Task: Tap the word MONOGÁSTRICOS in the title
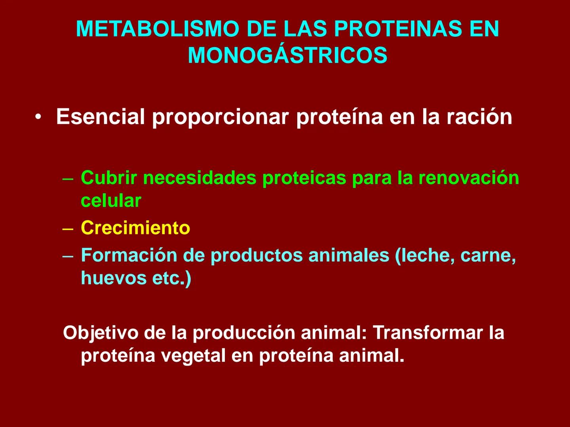coord(287,55)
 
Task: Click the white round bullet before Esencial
coord(38,117)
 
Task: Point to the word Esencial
coord(101,117)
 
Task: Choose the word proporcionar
coord(220,117)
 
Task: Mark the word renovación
coord(469,178)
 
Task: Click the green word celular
coord(111,200)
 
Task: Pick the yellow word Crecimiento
coord(135,228)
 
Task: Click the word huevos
coord(114,278)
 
